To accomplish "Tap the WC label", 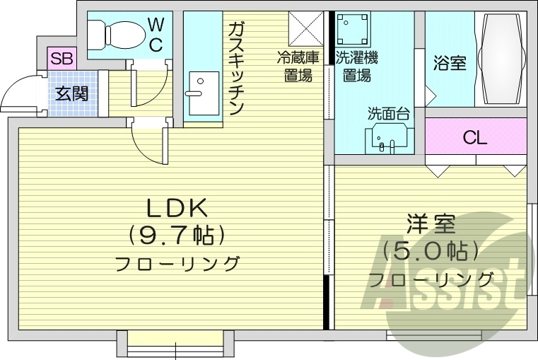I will coord(156,36).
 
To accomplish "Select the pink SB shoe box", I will coord(61,58).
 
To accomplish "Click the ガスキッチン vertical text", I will coord(236,67).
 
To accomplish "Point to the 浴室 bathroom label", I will coord(449,63).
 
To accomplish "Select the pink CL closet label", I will coord(475,137).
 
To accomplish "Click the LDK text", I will coord(176,207).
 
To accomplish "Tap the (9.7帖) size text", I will coord(176,234).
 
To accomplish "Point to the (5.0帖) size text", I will coord(431,250).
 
